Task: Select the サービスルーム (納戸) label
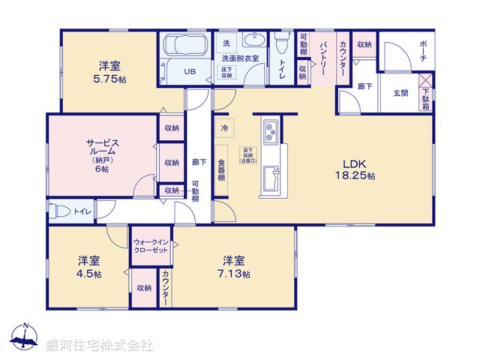(101, 154)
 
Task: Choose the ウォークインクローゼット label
(153, 245)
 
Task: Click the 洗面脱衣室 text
(239, 58)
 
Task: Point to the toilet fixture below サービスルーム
(60, 211)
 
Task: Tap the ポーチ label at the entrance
(422, 51)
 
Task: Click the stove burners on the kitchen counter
(270, 133)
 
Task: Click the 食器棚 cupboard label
(222, 172)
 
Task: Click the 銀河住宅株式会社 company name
(100, 346)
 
